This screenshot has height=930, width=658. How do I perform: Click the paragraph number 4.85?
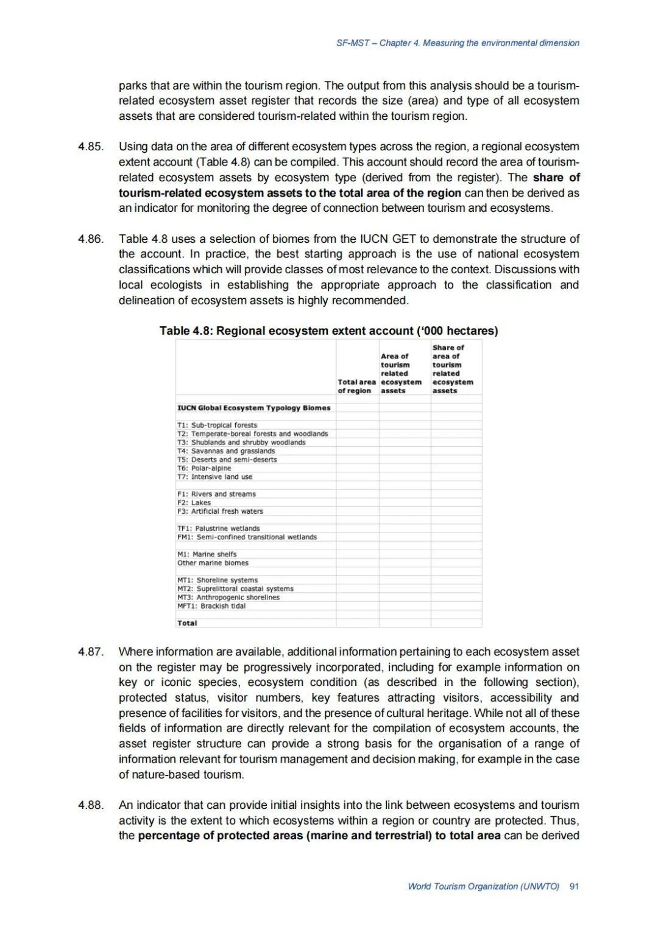click(x=91, y=147)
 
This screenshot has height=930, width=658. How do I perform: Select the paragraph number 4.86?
click(x=91, y=239)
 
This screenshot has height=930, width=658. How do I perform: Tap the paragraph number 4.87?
click(x=91, y=652)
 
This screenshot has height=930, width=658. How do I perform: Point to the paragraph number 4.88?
click(x=91, y=805)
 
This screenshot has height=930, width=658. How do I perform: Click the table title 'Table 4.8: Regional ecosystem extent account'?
click(x=328, y=330)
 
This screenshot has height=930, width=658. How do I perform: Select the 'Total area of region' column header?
click(x=357, y=386)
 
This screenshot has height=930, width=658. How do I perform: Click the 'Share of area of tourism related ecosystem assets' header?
click(x=453, y=369)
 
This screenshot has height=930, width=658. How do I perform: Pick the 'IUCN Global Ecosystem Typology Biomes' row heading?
click(x=253, y=408)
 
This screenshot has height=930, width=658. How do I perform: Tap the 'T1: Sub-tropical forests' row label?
click(x=217, y=425)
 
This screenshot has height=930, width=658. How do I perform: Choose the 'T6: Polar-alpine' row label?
click(x=204, y=468)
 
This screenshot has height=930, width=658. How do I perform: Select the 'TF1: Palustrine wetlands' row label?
click(x=218, y=528)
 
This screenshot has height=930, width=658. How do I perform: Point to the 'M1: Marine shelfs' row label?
click(x=207, y=554)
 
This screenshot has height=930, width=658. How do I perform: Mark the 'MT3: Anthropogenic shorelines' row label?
click(x=228, y=597)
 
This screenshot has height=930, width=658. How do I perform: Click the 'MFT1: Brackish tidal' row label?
click(x=211, y=606)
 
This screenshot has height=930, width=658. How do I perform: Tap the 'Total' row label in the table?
click(x=187, y=623)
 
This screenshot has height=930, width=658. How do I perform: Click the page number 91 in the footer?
click(x=574, y=886)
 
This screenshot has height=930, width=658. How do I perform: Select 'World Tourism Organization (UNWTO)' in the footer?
click(x=483, y=886)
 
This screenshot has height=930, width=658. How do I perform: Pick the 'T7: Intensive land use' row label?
click(x=214, y=477)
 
